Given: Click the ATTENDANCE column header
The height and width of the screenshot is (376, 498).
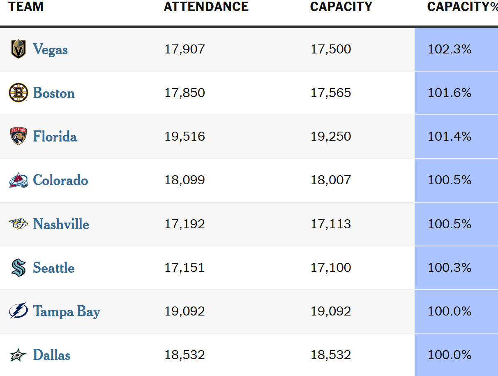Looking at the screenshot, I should (206, 7).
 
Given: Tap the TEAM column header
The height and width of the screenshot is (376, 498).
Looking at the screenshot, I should (25, 7).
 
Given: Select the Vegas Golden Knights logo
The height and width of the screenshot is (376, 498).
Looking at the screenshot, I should (18, 49).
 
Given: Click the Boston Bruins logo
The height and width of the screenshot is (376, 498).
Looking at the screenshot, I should (18, 93).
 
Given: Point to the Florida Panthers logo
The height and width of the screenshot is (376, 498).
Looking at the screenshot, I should (18, 136).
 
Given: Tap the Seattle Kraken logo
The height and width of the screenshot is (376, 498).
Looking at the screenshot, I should (18, 268).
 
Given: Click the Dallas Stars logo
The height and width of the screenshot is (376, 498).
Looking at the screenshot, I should (18, 355).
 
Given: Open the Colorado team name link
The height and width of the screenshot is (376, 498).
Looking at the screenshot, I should (60, 180).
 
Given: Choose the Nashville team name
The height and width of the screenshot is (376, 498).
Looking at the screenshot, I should (61, 224).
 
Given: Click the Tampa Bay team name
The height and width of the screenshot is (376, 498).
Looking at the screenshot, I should (67, 311).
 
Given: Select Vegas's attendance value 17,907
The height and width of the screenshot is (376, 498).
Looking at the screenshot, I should (184, 49).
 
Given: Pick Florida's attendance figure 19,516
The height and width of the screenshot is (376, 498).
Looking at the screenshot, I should (184, 137).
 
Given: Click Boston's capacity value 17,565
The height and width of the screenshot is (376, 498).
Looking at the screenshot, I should (331, 93).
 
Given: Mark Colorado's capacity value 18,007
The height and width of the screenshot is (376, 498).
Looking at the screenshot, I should (331, 180).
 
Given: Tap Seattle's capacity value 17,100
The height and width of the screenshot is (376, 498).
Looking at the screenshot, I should (331, 268).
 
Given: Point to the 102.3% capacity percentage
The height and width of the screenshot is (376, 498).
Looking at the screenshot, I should (450, 49).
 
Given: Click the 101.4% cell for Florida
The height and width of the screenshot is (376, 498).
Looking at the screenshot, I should (450, 137).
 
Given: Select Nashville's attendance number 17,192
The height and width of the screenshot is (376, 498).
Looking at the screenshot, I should (184, 224).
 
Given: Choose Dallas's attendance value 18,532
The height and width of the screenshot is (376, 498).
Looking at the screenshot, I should (184, 355).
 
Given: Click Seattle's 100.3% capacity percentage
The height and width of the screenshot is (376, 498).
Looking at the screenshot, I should (450, 268).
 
